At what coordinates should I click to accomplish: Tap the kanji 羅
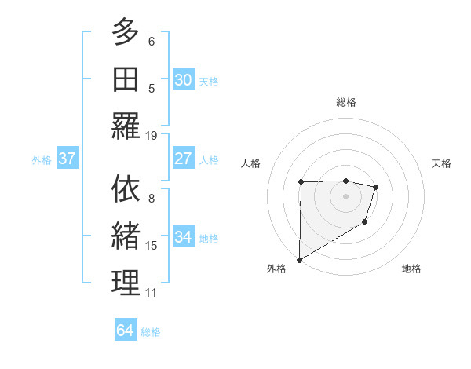click(126, 126)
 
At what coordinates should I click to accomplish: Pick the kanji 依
click(126, 188)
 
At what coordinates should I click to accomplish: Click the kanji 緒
click(126, 236)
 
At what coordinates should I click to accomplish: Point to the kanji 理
click(126, 283)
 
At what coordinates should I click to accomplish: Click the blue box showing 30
click(184, 80)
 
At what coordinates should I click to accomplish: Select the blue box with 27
click(184, 159)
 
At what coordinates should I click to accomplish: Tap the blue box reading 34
click(184, 237)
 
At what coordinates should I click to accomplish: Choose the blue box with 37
click(68, 159)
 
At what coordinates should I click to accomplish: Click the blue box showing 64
click(126, 331)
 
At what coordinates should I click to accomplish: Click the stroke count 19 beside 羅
click(152, 135)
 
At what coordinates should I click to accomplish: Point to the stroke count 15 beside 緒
click(152, 246)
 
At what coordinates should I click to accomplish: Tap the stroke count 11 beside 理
click(152, 293)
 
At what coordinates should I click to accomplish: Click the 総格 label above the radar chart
click(346, 102)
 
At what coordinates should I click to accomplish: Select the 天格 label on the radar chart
click(442, 163)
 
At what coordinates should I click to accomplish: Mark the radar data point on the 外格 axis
click(299, 259)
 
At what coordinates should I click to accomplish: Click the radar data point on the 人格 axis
click(301, 182)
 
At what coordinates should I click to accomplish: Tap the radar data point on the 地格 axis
click(365, 223)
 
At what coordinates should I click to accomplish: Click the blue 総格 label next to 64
click(151, 332)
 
